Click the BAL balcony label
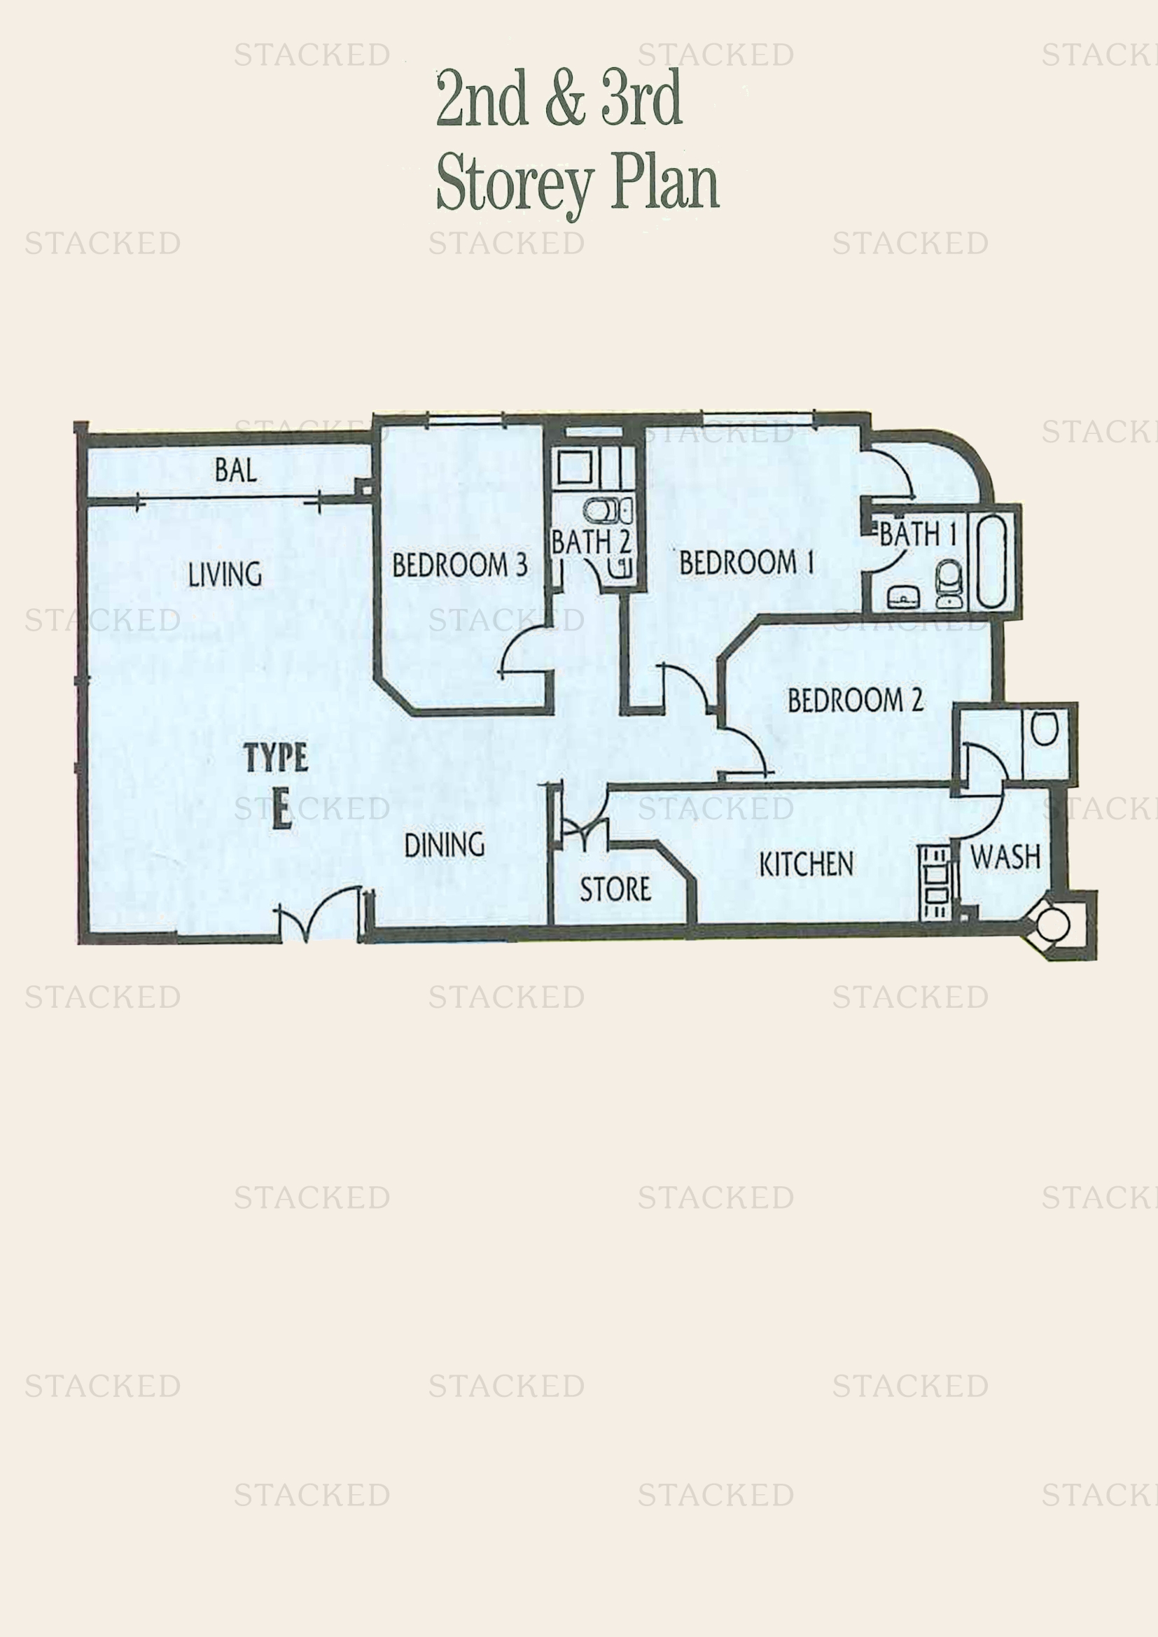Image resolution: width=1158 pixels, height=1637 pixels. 235,470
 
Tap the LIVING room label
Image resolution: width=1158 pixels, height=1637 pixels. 225,574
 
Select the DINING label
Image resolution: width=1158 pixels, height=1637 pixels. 445,845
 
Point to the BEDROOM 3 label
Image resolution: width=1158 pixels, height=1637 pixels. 460,565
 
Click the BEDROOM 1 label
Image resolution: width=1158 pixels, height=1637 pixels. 746,563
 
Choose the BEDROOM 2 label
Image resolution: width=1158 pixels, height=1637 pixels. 856,700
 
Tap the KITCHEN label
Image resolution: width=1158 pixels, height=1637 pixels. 806,864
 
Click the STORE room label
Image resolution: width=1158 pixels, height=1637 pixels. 615,889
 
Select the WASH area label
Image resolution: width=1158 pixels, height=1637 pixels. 1005,857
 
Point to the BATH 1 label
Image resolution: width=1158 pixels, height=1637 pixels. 918,534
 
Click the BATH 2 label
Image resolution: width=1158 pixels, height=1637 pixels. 591,542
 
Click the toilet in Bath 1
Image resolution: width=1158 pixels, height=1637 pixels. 949,583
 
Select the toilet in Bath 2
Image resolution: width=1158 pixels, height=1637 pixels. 603,510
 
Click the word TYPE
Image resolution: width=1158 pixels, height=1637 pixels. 276,757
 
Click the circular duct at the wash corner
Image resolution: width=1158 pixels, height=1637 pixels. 1052,925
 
